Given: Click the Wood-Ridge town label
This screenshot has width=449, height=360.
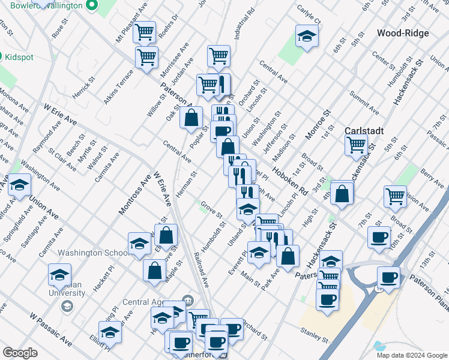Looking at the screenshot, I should pyautogui.click(x=403, y=33).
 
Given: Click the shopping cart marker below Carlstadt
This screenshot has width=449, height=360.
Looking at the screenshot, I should pyautogui.click(x=357, y=145).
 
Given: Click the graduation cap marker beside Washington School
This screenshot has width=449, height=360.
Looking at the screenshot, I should pyautogui.click(x=139, y=244).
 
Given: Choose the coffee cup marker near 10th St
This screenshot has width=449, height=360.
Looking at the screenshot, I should pyautogui.click(x=379, y=237).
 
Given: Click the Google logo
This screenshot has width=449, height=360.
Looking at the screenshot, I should pyautogui.click(x=20, y=353).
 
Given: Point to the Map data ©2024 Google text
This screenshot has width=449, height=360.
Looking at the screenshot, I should pyautogui.click(x=412, y=355).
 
